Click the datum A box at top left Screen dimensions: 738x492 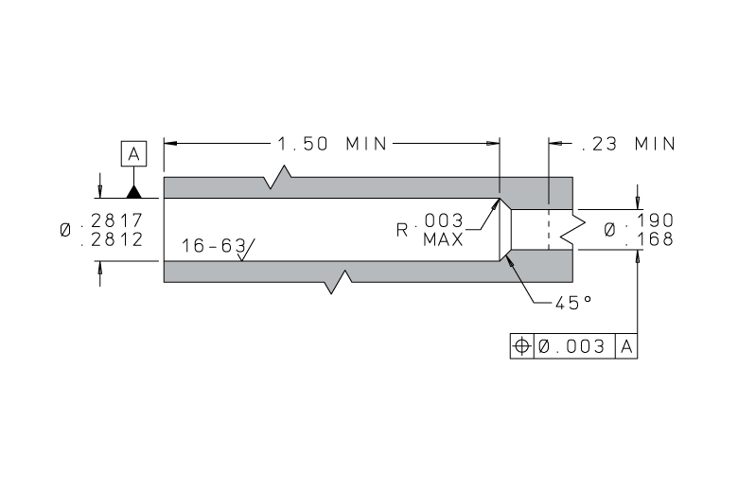click(133, 153)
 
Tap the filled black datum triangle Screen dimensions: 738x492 click(134, 192)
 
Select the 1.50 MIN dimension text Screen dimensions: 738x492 click(332, 144)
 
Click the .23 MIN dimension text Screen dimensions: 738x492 click(629, 144)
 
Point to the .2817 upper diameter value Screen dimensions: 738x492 click(112, 220)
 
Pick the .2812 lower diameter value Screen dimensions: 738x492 click(112, 239)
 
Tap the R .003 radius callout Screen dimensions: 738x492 click(430, 224)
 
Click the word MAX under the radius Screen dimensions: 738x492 click(443, 240)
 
